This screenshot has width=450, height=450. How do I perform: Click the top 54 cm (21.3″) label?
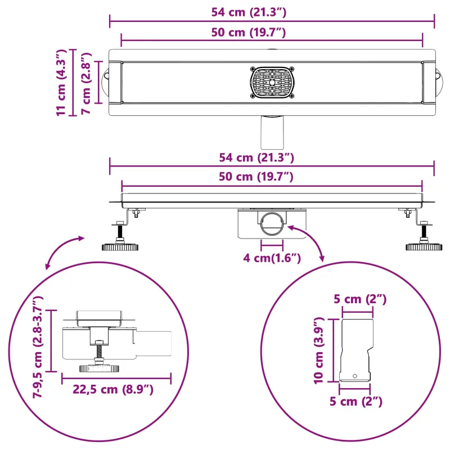(249, 12)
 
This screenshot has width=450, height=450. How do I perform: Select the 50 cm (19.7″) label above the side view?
(256, 177)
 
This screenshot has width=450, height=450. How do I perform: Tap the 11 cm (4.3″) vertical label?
(61, 83)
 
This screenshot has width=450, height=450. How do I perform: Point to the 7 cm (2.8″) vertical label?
(86, 83)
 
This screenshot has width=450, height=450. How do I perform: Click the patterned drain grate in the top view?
(272, 83)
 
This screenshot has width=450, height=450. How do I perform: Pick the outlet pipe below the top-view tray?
(272, 132)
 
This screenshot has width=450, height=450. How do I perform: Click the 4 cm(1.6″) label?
(272, 258)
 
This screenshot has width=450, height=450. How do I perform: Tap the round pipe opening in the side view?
(272, 223)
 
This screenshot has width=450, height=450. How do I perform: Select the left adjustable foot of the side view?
(120, 236)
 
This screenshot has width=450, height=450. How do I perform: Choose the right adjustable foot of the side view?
(424, 236)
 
